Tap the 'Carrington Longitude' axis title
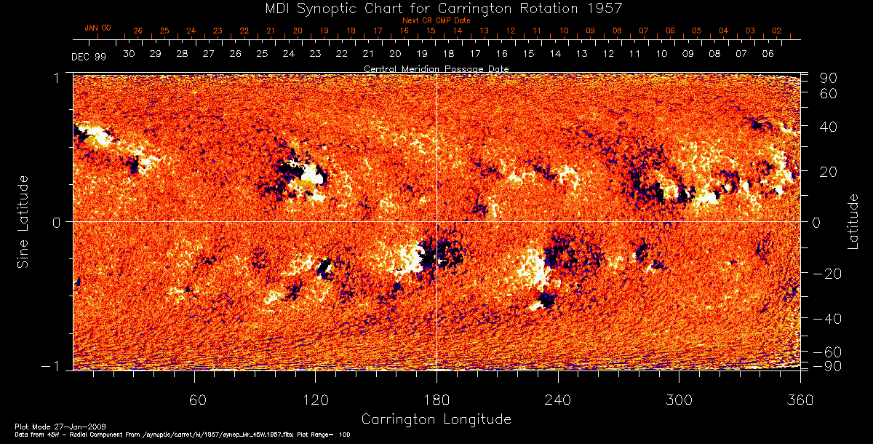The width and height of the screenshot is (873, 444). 436,419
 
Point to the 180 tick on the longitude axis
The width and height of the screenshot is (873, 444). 436,400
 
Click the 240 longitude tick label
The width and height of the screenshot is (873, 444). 558,400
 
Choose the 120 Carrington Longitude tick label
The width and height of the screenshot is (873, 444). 315,400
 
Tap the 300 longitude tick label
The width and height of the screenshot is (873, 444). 679,400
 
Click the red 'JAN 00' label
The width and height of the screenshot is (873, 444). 97,28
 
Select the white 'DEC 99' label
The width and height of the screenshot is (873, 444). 89,56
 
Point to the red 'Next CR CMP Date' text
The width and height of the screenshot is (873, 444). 435,20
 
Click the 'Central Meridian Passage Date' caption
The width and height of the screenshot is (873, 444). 436,68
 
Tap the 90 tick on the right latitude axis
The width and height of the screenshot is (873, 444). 831,78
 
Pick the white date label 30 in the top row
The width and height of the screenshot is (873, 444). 129,54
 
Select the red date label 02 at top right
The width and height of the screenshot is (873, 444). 777,31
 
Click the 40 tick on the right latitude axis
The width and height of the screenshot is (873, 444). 831,126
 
